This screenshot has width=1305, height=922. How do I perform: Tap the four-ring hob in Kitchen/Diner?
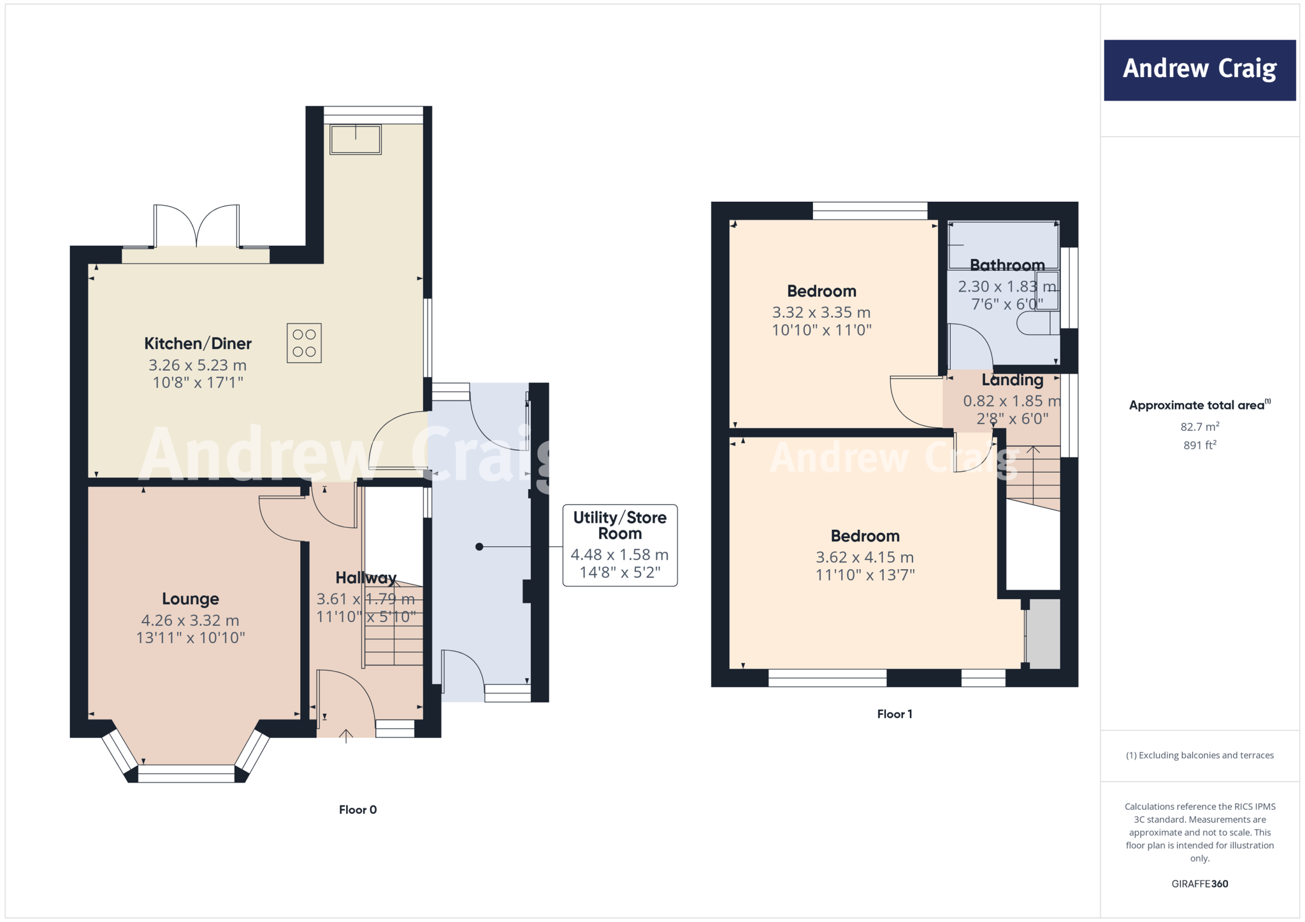point(304,343)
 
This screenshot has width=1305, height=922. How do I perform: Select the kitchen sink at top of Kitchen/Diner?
point(356,139)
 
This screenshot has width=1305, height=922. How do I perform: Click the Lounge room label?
point(191,599)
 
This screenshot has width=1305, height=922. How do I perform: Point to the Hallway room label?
point(366,578)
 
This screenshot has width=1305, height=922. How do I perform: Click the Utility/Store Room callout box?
point(619,545)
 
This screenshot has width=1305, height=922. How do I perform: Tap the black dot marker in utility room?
point(479,546)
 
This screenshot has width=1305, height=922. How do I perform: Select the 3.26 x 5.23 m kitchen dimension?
point(198,365)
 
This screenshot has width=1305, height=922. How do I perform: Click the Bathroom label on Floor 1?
point(1007,265)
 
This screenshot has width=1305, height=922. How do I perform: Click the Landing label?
point(1012,380)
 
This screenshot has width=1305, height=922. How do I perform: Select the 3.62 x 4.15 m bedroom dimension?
point(865,557)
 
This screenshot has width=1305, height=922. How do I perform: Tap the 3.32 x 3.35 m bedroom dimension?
point(821,312)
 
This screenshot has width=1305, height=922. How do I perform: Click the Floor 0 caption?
point(357,810)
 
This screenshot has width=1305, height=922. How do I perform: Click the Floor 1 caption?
point(895,714)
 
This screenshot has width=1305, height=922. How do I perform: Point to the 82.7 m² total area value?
point(1199,427)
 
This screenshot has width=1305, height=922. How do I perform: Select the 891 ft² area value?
point(1199,445)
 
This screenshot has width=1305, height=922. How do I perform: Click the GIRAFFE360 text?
point(1199,884)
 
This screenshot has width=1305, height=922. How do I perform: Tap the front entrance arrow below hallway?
point(346,737)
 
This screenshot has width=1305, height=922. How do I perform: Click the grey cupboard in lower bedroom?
point(1043,634)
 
